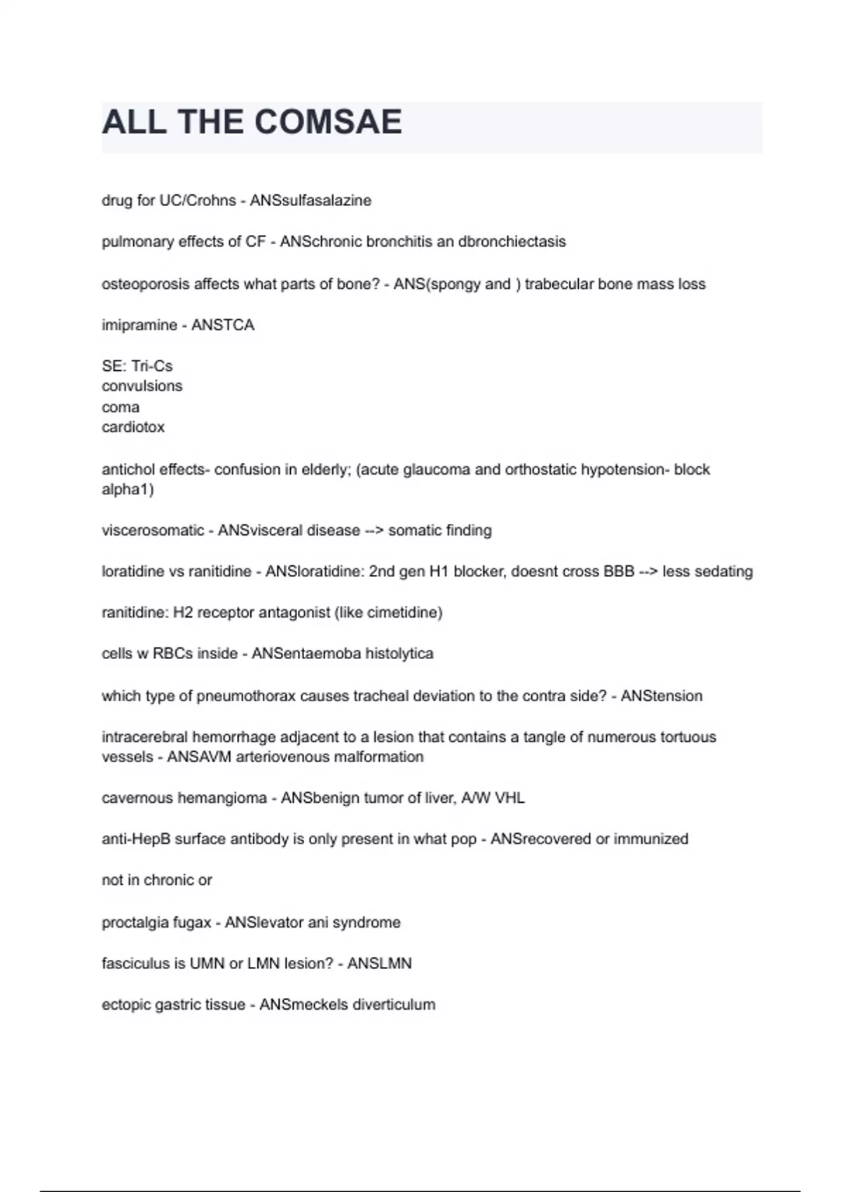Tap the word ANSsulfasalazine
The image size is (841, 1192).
(x=310, y=201)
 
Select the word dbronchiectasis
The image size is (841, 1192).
(x=512, y=242)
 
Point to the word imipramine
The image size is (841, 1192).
(x=139, y=325)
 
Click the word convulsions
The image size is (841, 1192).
(x=142, y=386)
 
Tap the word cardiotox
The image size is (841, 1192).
(x=133, y=427)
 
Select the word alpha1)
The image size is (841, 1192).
(x=128, y=489)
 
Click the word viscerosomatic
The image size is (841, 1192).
(x=153, y=531)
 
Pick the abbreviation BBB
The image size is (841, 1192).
(x=619, y=571)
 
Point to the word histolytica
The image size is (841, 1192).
(x=399, y=653)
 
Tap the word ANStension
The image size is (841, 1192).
(x=662, y=696)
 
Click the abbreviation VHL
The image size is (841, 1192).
(x=510, y=798)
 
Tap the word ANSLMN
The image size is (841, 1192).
(x=379, y=963)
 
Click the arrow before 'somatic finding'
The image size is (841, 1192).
(x=374, y=531)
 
